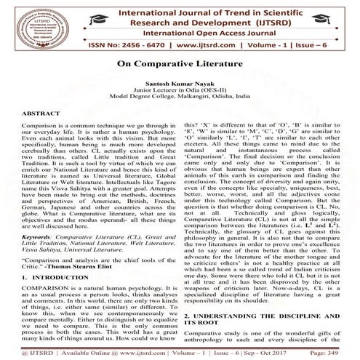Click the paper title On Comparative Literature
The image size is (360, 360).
coord(180,64)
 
